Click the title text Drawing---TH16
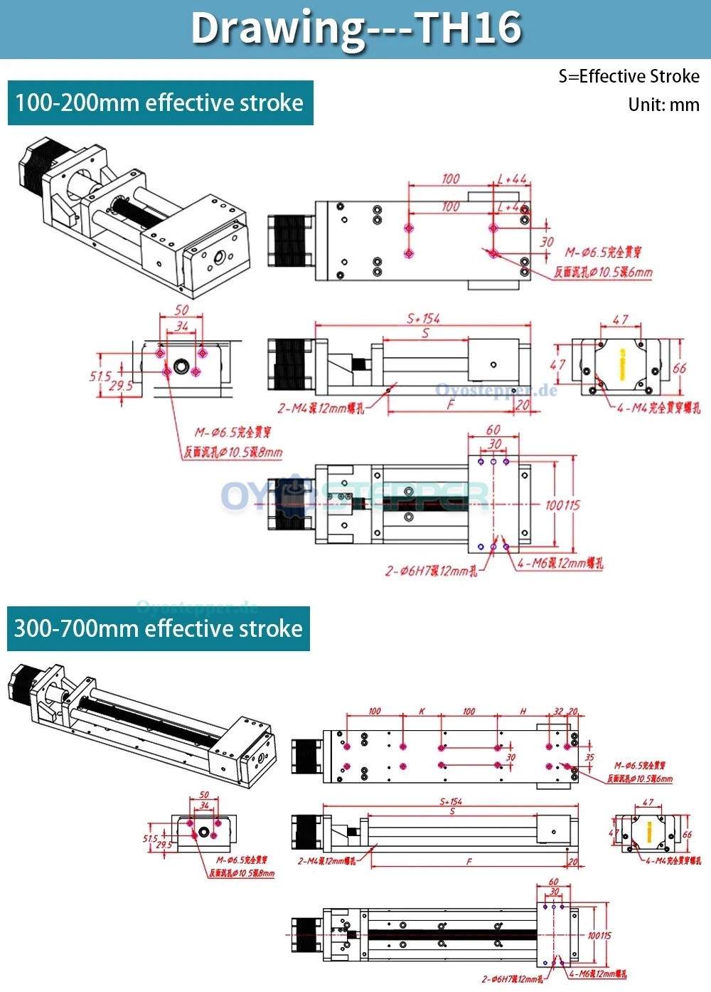(355, 28)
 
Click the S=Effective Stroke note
(629, 76)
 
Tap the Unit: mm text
(663, 105)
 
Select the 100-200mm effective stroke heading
(159, 103)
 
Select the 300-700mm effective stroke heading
(159, 628)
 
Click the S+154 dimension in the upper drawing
(423, 318)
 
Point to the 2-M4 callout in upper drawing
(321, 408)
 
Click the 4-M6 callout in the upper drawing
(560, 563)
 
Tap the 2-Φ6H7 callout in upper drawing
(431, 571)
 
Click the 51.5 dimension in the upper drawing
(100, 376)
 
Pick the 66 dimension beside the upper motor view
(679, 368)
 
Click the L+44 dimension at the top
(512, 179)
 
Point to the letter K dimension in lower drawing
(422, 711)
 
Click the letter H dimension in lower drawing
(523, 711)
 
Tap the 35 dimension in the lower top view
(589, 758)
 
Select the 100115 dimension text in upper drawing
(562, 505)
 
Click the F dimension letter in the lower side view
(469, 861)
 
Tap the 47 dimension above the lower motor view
(648, 802)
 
